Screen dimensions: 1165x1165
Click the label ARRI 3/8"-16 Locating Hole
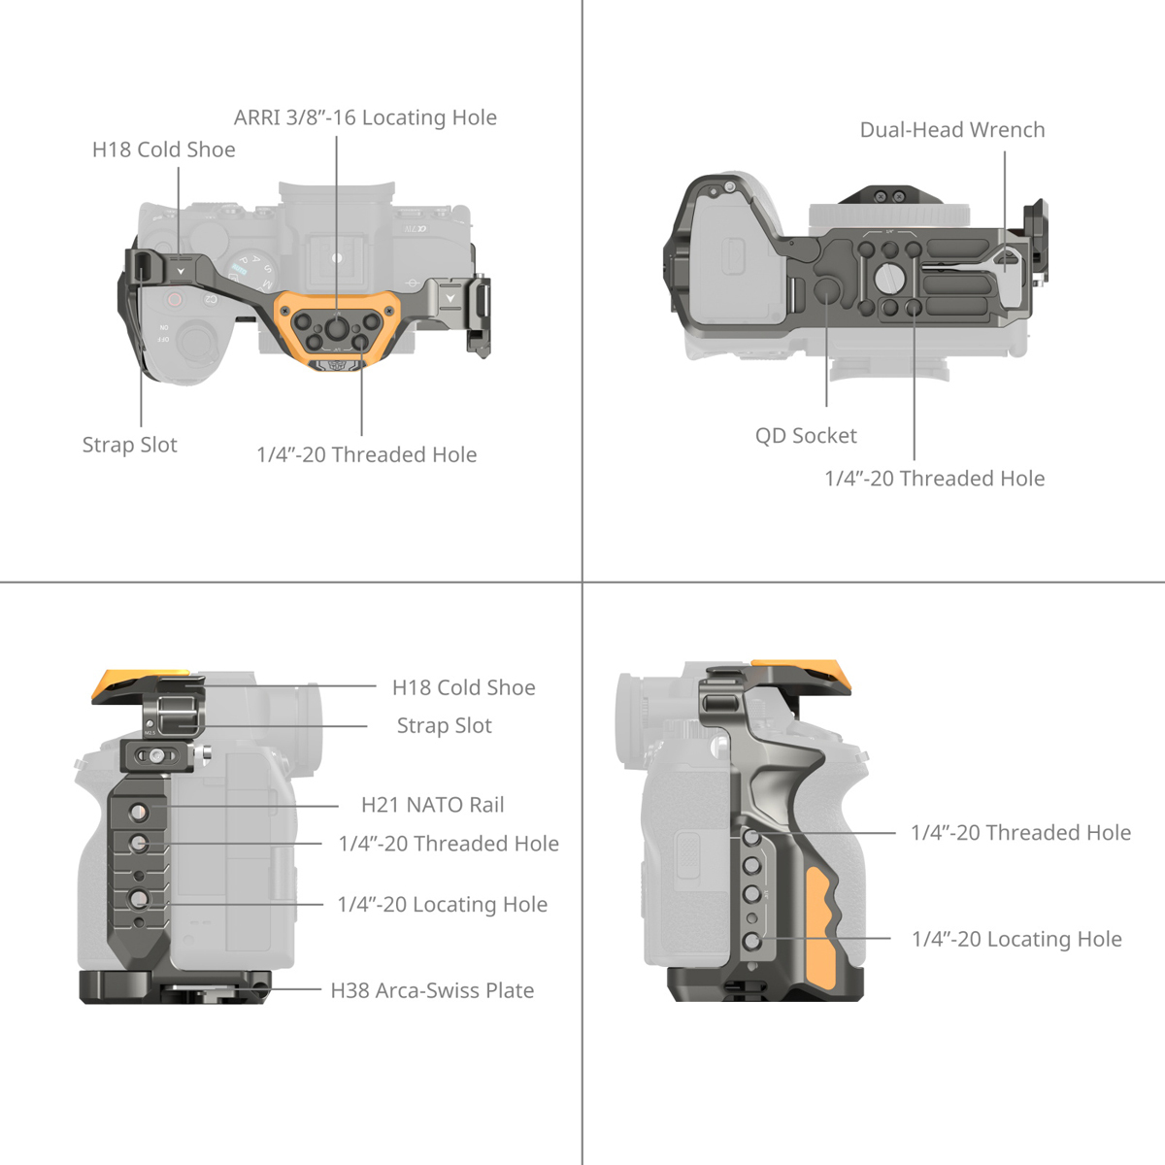coord(365,117)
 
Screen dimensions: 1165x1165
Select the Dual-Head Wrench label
coord(951,130)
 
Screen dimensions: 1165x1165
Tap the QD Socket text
coord(806,436)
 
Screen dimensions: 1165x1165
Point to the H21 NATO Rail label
coord(432,805)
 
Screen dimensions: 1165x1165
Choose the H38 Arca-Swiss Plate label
coord(432,990)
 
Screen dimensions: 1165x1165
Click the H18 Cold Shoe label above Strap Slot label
coord(463,687)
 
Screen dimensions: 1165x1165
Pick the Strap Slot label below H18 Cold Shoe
coord(444,725)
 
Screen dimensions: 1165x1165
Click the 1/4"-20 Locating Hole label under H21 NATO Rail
coord(442,905)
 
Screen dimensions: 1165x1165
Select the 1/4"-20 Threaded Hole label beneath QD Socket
coord(934,479)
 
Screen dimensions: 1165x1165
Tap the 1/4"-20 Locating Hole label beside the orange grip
coord(1016,939)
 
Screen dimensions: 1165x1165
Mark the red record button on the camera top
coord(175,300)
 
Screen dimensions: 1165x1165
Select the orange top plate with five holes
coord(335,326)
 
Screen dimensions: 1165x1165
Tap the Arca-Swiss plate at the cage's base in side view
coord(175,986)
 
